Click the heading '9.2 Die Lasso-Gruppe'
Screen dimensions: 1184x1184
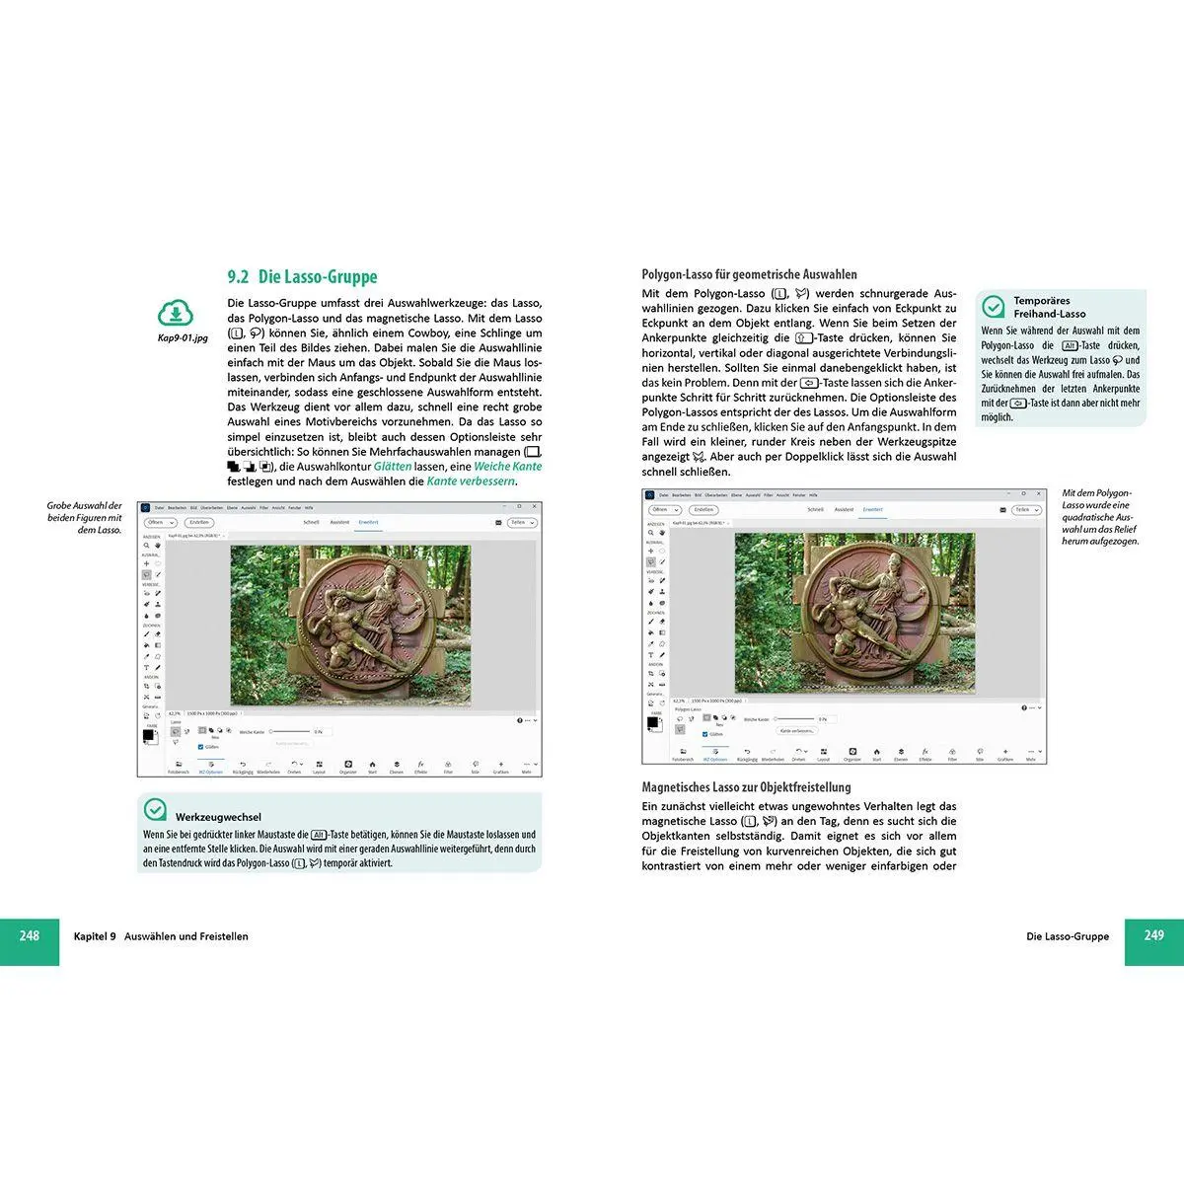coord(302,277)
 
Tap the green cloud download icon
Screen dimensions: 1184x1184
coord(176,314)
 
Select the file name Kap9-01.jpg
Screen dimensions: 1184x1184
coord(183,338)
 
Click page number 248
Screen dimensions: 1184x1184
coord(30,935)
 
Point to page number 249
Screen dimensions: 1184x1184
coord(1153,935)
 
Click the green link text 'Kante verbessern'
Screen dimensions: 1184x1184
coord(471,481)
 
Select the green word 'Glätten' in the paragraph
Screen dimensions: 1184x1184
coord(393,467)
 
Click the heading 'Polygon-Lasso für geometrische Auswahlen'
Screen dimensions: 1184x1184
coord(749,274)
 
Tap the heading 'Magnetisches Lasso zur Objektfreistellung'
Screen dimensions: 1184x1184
coord(746,787)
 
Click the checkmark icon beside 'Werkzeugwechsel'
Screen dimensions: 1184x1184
coord(155,810)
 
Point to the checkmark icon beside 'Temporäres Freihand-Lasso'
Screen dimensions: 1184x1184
coord(994,306)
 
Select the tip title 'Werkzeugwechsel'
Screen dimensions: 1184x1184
coord(218,817)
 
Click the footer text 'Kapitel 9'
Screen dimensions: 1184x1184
coord(95,936)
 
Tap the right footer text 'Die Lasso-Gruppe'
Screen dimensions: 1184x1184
coord(1068,936)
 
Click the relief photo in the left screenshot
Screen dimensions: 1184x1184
coord(350,625)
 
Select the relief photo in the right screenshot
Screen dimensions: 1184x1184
coord(854,612)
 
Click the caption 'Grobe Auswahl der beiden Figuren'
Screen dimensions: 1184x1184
coord(85,518)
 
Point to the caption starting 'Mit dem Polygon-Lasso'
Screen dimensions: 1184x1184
coord(1099,516)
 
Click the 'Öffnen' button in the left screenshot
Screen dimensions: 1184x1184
coord(159,523)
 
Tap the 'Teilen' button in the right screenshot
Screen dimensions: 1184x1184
coord(1025,510)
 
